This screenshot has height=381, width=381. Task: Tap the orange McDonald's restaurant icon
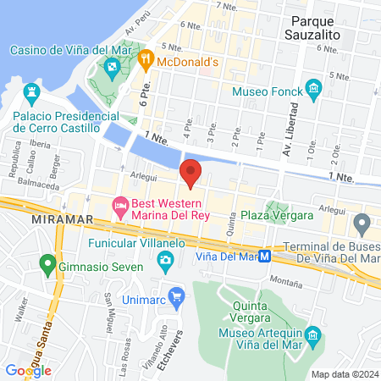click(146, 58)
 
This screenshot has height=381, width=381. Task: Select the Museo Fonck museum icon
click(314, 89)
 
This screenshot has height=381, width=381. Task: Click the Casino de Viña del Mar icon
click(111, 66)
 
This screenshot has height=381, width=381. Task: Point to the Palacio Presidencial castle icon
click(34, 90)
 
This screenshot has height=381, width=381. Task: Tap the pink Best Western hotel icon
click(121, 205)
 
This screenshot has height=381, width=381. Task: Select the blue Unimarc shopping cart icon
click(177, 296)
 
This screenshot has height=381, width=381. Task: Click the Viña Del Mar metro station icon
click(265, 255)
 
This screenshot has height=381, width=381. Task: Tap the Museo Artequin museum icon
click(313, 336)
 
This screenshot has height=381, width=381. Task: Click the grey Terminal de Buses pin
click(362, 224)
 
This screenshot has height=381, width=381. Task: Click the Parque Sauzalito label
click(323, 28)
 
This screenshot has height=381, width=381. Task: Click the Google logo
click(28, 370)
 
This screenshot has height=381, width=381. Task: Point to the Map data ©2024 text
click(344, 374)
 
